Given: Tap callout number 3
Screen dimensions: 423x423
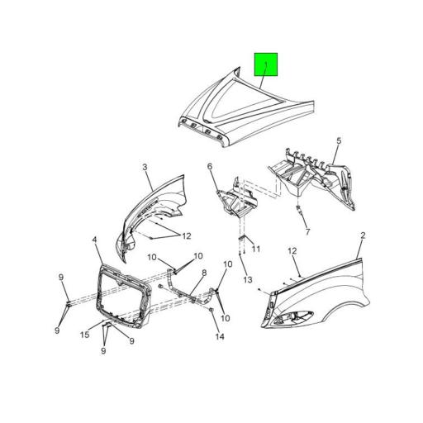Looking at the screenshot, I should (x=145, y=167).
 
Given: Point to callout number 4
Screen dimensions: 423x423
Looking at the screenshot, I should (x=96, y=240).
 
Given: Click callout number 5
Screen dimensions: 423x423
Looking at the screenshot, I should (x=338, y=142).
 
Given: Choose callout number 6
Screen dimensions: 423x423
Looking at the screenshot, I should (x=210, y=167).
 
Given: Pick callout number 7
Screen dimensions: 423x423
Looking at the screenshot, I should (x=307, y=232).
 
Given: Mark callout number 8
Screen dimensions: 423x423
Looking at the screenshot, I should (x=203, y=273).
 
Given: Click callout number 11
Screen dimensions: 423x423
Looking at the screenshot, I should (x=255, y=249).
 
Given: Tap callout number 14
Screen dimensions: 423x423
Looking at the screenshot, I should (x=220, y=336).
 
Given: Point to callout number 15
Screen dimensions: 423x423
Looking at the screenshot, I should (x=84, y=334).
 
